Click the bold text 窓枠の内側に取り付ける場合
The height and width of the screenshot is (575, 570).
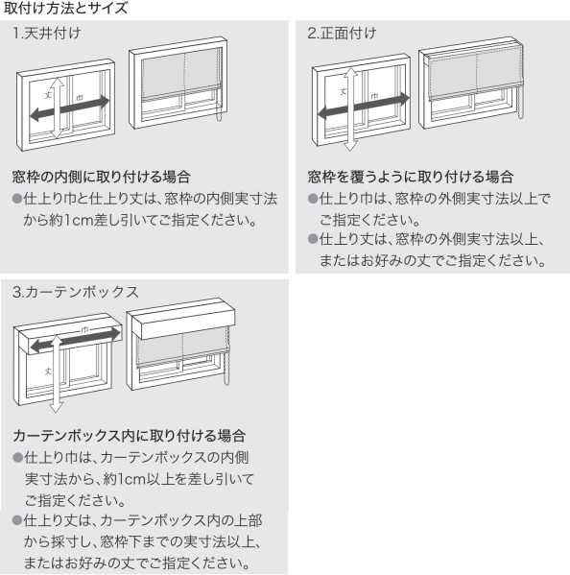pos(100,177)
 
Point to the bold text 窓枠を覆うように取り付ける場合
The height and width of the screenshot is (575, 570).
pos(410,177)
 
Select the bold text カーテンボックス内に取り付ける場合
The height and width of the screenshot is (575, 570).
pos(123,435)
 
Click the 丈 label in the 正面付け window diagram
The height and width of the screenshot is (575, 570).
pos(343,91)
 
